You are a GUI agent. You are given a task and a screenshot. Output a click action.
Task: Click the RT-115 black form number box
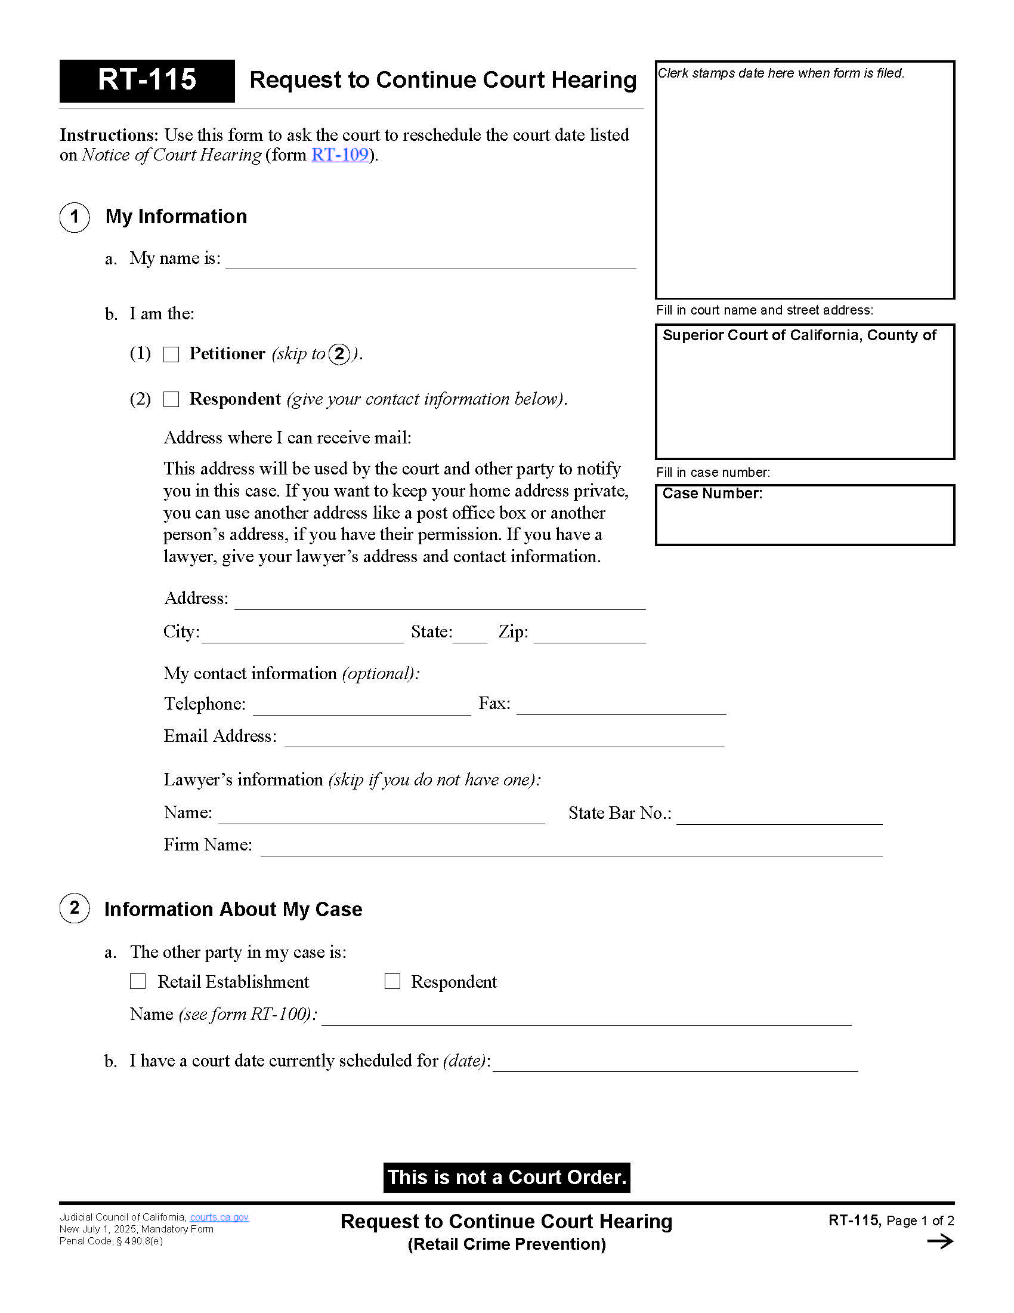tap(147, 81)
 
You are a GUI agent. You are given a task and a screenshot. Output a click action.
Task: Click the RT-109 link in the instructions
tap(339, 155)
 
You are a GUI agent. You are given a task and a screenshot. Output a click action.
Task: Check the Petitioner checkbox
tap(171, 354)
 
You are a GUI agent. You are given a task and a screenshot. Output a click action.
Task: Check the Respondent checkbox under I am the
tap(171, 399)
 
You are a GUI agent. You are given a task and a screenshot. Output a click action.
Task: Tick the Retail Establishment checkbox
tap(138, 981)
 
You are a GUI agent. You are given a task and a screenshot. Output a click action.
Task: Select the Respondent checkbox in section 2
tap(392, 981)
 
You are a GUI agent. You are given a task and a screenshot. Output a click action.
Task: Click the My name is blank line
tap(430, 261)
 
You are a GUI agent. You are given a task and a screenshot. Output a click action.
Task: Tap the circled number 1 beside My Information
tap(75, 217)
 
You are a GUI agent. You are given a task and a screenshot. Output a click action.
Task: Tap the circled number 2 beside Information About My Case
tap(75, 908)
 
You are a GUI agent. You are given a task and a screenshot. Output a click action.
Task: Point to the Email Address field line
tap(503, 739)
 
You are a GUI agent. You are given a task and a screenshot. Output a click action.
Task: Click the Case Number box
tap(805, 515)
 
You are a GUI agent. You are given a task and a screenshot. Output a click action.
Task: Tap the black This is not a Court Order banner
tap(506, 1177)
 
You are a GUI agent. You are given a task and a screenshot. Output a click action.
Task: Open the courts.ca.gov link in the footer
tap(220, 1217)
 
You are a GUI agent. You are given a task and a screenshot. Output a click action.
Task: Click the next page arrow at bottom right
tap(940, 1241)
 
